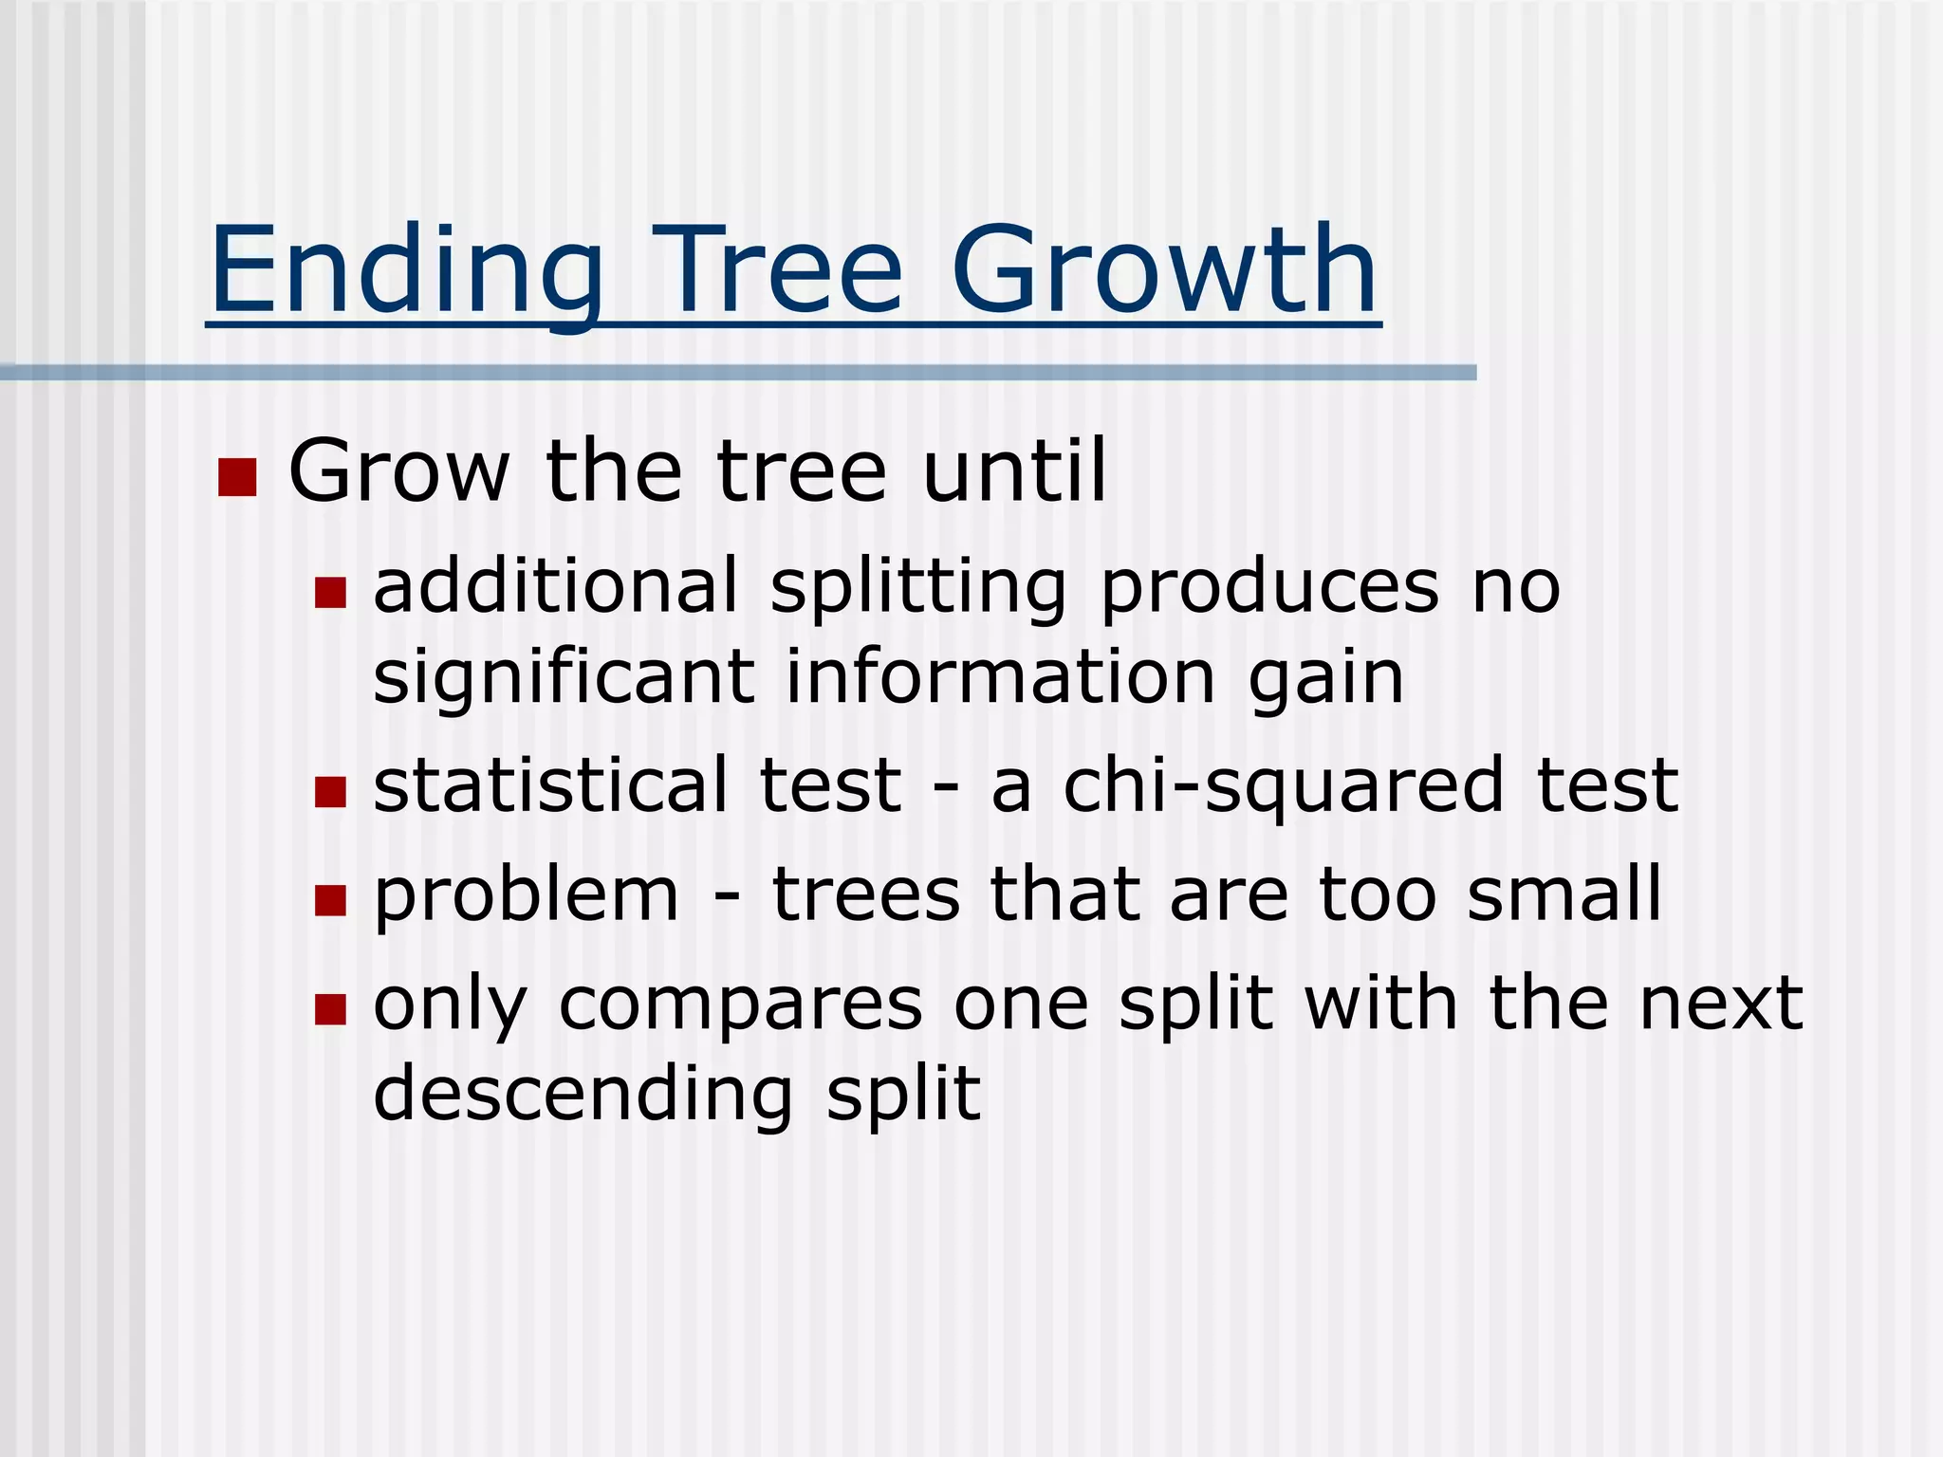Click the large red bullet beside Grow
pos(237,477)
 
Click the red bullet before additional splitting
pos(330,593)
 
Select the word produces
pos(1269,588)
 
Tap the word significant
pos(564,679)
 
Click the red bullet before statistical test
pos(330,791)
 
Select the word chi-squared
pos(1283,787)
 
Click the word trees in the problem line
pos(865,895)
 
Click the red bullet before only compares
pos(330,1009)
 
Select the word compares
pos(740,1005)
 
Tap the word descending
pos(583,1095)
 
